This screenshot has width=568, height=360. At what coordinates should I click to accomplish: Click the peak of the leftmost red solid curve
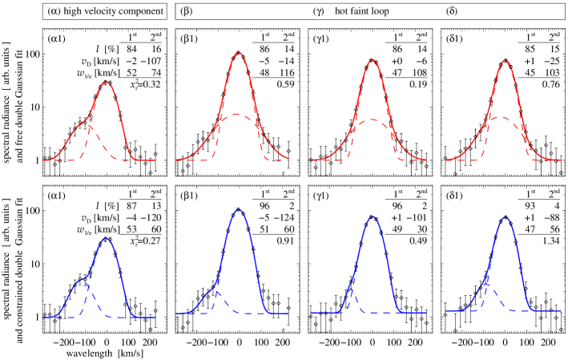[x=106, y=82]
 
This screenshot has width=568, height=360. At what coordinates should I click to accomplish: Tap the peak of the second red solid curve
[x=239, y=53]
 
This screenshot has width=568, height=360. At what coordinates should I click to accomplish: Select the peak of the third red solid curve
[x=372, y=59]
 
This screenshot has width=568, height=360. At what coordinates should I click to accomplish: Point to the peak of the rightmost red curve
[x=505, y=60]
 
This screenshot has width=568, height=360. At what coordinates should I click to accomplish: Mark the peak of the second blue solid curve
[x=238, y=210]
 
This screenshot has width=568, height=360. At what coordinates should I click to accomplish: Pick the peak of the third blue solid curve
[x=372, y=216]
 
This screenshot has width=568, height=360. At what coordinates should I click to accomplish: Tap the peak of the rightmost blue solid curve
[x=505, y=216]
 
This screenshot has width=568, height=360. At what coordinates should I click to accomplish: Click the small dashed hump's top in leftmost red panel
[x=87, y=125]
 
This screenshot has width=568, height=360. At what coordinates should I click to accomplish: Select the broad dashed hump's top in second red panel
[x=239, y=115]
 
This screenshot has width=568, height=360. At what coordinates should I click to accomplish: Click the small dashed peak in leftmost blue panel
[x=88, y=281]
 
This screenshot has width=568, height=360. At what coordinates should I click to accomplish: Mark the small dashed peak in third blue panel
[x=352, y=285]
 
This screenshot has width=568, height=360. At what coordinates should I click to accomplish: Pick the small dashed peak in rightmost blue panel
[x=487, y=285]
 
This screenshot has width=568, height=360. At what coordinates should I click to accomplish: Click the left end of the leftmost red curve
[x=43, y=160]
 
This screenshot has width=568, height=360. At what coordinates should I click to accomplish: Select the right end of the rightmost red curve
[x=561, y=160]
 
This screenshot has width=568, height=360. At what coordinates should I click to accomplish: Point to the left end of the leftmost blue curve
[x=43, y=318]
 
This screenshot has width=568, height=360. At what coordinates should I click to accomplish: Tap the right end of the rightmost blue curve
[x=561, y=310]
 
